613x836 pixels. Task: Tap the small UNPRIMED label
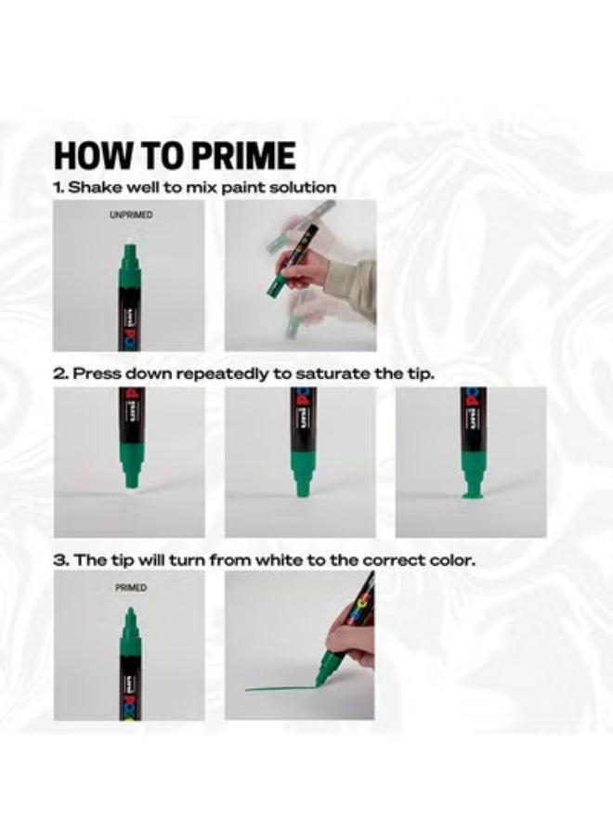point(131,215)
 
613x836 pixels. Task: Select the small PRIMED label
point(131,588)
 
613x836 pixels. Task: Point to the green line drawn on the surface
point(280,689)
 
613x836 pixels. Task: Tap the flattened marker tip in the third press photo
point(471,490)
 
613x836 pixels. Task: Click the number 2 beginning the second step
point(59,373)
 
